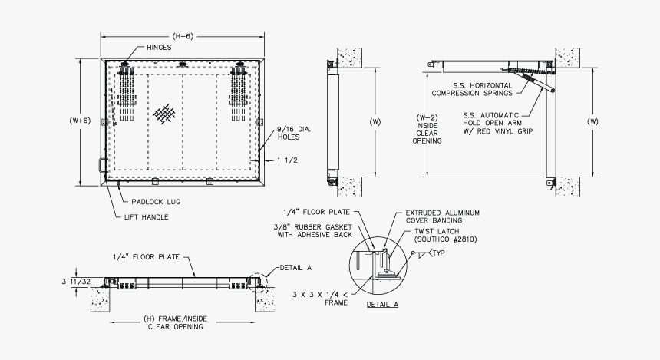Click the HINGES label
click(x=160, y=47)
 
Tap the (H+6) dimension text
click(x=183, y=35)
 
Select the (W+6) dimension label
click(x=80, y=120)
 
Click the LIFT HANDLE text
click(x=147, y=217)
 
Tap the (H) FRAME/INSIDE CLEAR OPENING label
click(x=175, y=322)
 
